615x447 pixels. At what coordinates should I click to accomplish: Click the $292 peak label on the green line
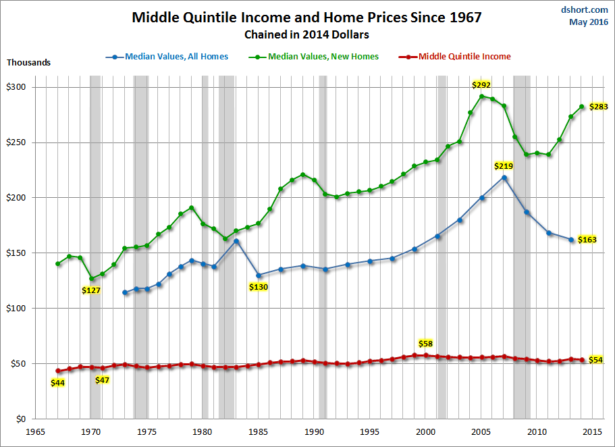pos(481,85)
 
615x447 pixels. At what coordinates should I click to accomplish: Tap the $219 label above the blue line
pos(503,166)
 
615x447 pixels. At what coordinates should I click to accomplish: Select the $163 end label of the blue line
pos(587,240)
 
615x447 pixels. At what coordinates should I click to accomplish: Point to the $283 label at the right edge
pos(599,107)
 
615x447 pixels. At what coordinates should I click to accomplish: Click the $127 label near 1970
pos(92,291)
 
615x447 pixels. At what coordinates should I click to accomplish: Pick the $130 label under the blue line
pos(259,287)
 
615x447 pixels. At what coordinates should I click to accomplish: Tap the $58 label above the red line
pos(425,344)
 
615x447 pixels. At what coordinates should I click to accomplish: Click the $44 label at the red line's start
pos(58,383)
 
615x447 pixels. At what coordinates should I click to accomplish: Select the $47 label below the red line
pos(102,380)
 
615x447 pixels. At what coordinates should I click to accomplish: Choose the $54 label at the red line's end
pos(595,360)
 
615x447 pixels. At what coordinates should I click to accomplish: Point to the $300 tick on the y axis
pos(16,87)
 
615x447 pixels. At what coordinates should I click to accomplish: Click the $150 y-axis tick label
pos(16,253)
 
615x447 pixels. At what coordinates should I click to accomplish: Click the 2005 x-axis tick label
pos(481,431)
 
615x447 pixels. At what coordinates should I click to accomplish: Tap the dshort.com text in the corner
pos(585,10)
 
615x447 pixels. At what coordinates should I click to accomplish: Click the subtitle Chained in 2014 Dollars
pos(307,34)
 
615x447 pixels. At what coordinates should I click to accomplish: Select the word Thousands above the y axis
pos(28,63)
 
